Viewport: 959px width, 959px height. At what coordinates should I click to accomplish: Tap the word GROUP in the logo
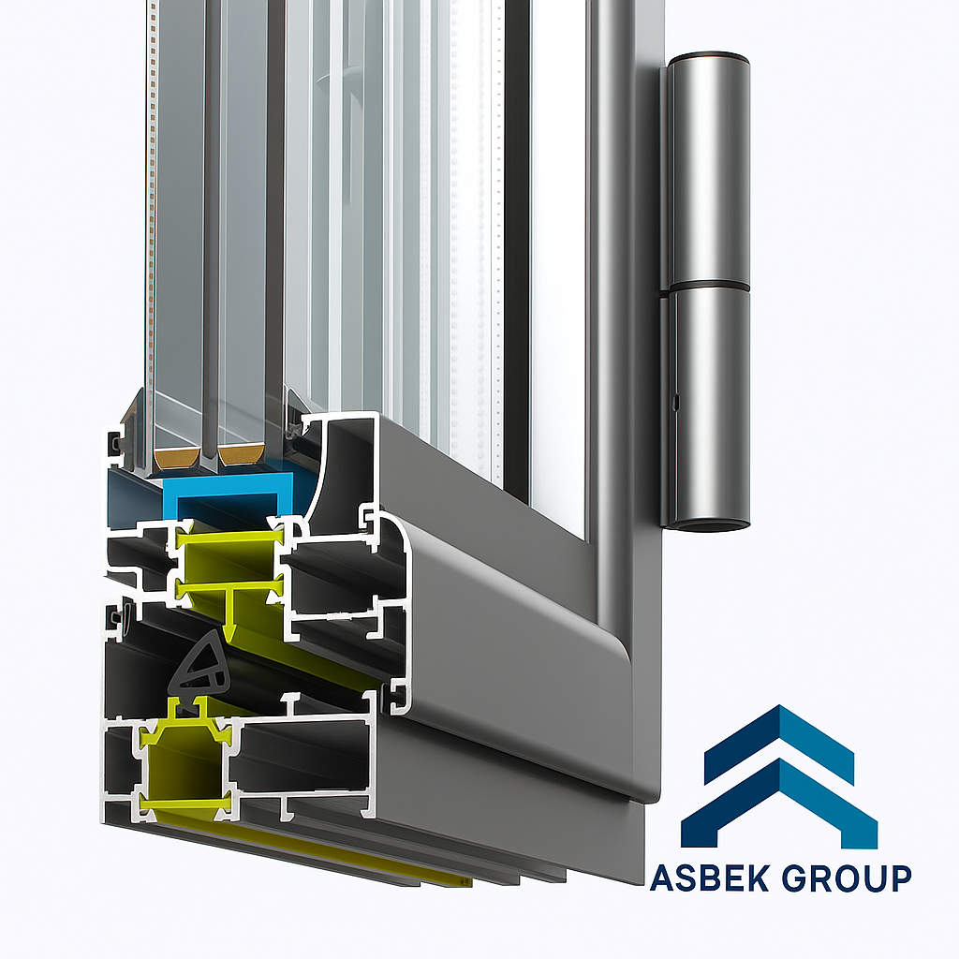847,878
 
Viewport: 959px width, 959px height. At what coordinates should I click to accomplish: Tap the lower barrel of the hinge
709,403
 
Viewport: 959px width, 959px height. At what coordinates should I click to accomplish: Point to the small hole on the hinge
674,404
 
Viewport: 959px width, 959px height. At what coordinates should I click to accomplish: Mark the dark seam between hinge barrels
709,286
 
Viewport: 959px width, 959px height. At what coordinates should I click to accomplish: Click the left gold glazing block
176,458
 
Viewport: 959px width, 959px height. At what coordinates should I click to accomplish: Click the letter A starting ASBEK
663,878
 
